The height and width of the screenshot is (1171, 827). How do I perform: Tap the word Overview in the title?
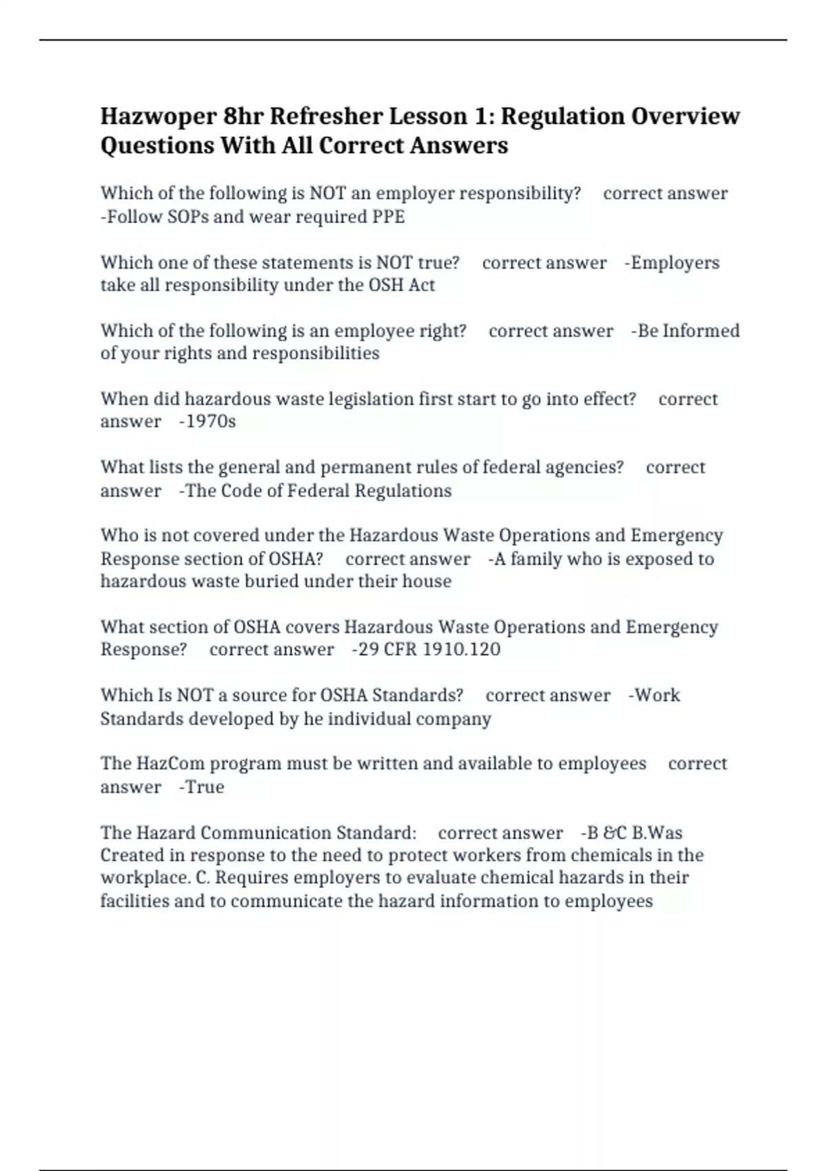686,116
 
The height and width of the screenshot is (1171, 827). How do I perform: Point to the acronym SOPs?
188,217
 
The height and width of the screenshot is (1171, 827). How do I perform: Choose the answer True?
205,787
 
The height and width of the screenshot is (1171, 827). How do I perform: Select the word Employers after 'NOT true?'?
675,263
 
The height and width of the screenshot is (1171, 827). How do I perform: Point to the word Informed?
700,331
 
